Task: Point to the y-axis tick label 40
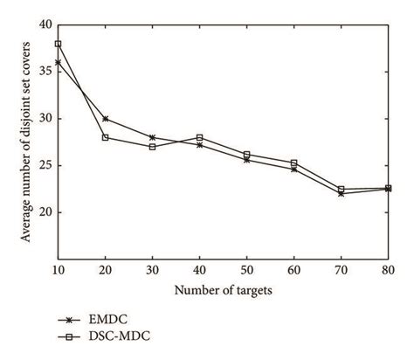tap(45, 24)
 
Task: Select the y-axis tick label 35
tap(45, 72)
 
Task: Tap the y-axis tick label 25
tap(45, 165)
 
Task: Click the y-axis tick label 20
tap(45, 212)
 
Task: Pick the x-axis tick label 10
tap(58, 270)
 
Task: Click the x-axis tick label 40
tap(200, 270)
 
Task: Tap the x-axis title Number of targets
tap(223, 289)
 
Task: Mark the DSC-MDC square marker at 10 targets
tap(58, 44)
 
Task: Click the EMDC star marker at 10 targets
tap(58, 62)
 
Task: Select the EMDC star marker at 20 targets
tap(105, 119)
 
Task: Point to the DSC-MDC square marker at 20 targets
tap(105, 137)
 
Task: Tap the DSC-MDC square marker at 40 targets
tap(199, 137)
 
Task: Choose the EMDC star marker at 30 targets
tap(152, 137)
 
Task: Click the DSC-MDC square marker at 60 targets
tap(293, 163)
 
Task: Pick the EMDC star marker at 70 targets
tap(341, 193)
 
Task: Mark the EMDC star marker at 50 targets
tap(246, 160)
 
